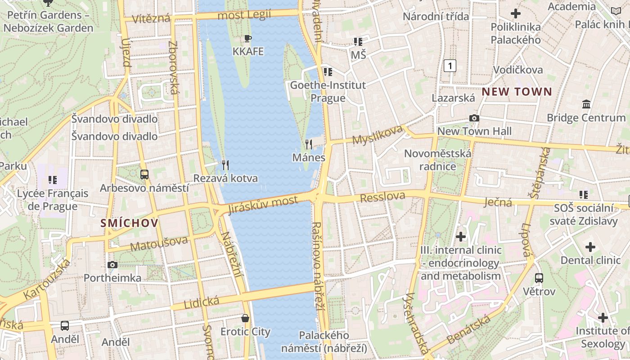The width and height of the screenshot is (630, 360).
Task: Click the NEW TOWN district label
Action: click(x=517, y=92)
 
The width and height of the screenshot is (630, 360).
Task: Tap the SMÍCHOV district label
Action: click(x=129, y=223)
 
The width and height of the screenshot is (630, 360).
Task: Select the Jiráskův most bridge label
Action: click(x=263, y=205)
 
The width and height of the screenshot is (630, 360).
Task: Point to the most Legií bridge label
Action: click(x=244, y=15)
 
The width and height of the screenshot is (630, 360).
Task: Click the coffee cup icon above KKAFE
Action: click(x=247, y=38)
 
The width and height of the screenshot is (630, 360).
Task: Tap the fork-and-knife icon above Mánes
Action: click(x=309, y=144)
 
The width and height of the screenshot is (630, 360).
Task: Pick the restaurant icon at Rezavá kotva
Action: click(x=225, y=165)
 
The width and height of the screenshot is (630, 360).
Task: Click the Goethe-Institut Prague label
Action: click(x=328, y=91)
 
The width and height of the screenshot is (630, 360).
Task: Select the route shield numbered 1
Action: click(x=450, y=66)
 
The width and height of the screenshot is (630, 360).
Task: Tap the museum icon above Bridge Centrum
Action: click(x=586, y=104)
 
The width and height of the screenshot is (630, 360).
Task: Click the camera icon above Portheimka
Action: click(x=112, y=265)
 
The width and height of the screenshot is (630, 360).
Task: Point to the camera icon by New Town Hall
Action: click(x=474, y=118)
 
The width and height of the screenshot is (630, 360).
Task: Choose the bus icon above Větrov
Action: click(x=539, y=278)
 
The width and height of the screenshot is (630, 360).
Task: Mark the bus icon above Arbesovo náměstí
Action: click(x=144, y=174)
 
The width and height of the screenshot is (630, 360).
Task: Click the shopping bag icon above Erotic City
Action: click(x=245, y=318)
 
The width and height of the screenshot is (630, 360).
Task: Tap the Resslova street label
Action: click(x=382, y=197)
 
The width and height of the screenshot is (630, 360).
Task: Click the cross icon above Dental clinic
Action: click(x=590, y=247)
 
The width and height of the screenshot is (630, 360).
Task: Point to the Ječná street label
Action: click(x=498, y=202)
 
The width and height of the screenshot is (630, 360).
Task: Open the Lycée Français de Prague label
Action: click(x=53, y=200)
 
